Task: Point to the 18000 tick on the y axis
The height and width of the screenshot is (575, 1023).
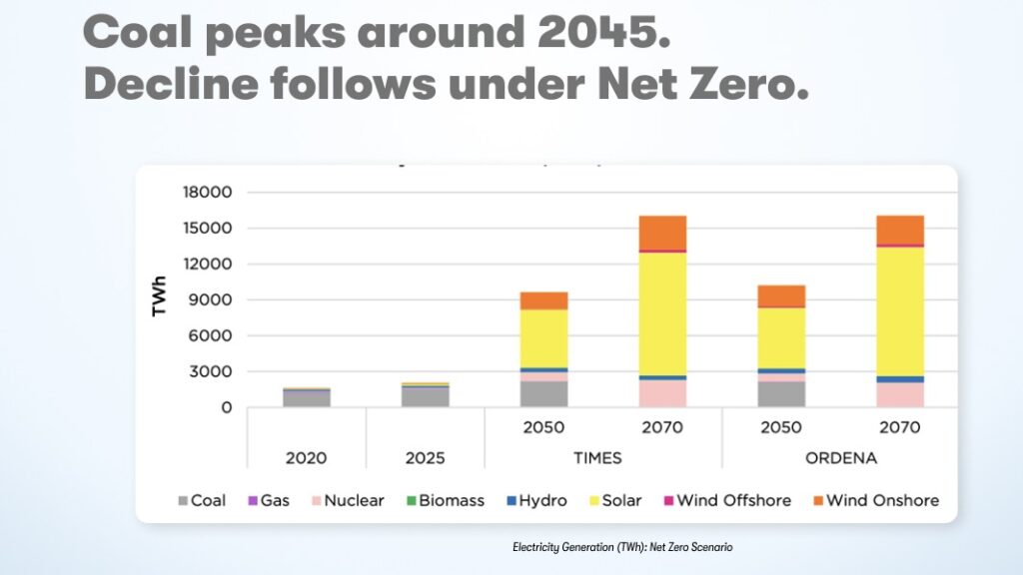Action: [x=206, y=192]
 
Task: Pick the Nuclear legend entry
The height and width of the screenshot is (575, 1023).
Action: [x=346, y=500]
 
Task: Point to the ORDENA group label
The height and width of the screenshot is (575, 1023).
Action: [x=841, y=458]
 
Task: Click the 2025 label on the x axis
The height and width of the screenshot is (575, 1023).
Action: [x=425, y=458]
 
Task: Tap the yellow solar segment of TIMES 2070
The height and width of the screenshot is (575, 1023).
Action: [x=662, y=313]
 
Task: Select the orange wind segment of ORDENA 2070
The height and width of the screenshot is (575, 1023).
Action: [x=900, y=229]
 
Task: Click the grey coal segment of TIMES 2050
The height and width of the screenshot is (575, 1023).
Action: [x=543, y=394]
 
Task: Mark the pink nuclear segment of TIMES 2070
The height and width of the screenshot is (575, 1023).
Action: [x=662, y=393]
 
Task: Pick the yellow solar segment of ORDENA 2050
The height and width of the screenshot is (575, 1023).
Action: [x=781, y=337]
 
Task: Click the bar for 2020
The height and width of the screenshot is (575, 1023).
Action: [x=306, y=397]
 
